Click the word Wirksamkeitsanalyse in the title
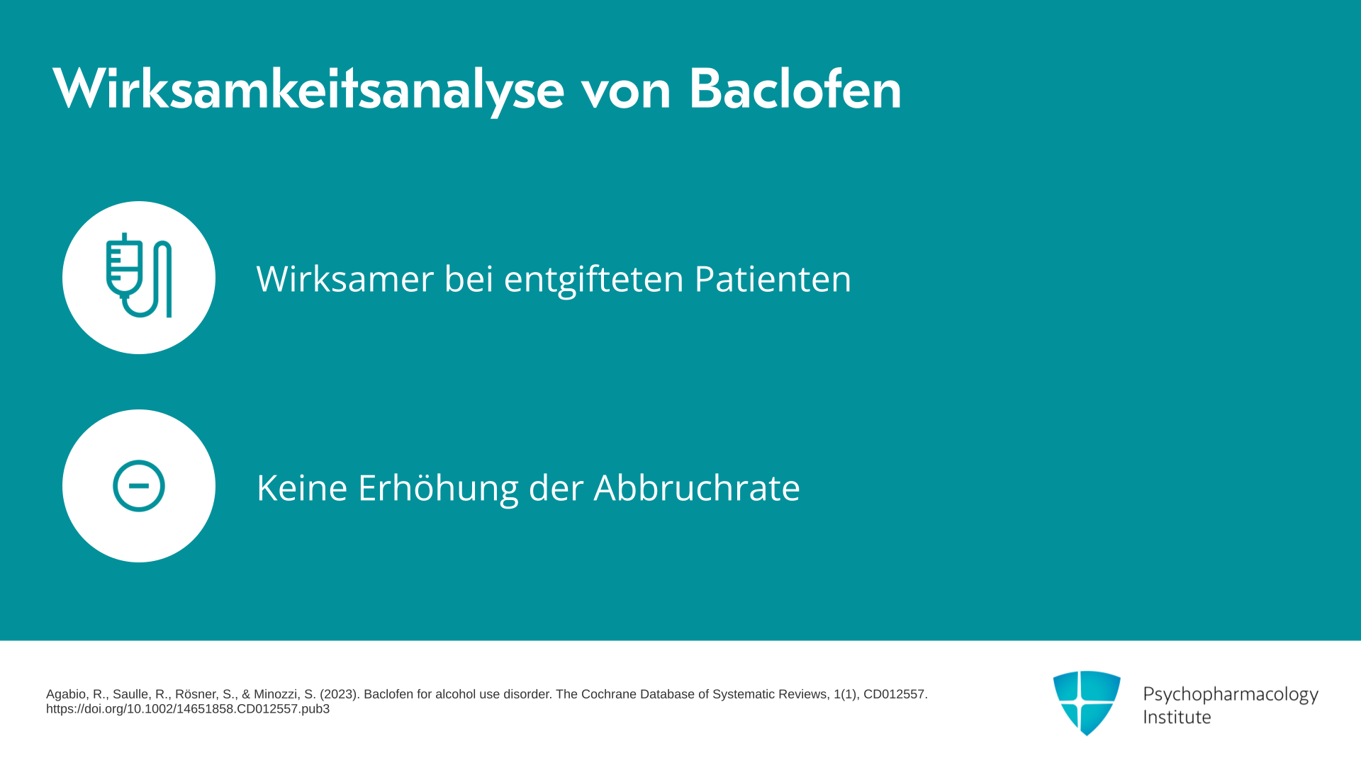click(x=308, y=90)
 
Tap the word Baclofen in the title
click(x=795, y=89)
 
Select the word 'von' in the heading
click(x=626, y=93)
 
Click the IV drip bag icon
click(x=139, y=276)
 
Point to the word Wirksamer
click(x=345, y=278)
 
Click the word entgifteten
click(x=593, y=279)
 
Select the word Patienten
click(x=773, y=278)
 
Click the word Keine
click(x=302, y=487)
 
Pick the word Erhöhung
click(x=438, y=489)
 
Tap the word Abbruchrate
click(x=697, y=487)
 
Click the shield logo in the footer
click(x=1087, y=703)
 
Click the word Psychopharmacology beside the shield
click(x=1231, y=695)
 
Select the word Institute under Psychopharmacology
click(x=1177, y=717)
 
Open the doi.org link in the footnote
click(x=188, y=709)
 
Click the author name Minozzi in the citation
click(x=276, y=694)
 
